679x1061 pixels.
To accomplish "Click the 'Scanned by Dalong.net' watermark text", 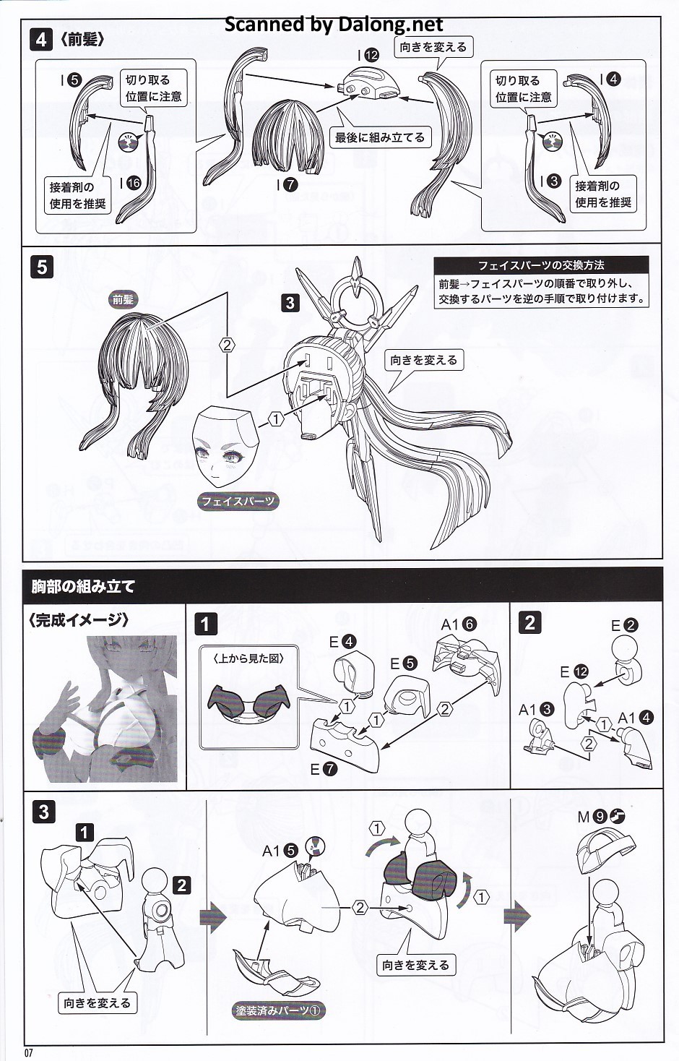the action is (x=333, y=24).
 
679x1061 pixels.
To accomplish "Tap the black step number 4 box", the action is (x=40, y=40).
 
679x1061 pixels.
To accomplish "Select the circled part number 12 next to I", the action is (x=372, y=56).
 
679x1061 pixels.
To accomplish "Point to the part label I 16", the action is (x=130, y=183).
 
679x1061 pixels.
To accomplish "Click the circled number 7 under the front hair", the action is (x=290, y=184).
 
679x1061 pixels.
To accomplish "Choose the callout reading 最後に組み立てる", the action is (x=380, y=138).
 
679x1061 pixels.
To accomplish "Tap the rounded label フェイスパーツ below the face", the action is (x=238, y=501).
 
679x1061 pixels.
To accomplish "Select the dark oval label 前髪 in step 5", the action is (x=123, y=299).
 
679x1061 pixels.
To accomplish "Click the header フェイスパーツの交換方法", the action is (x=541, y=265).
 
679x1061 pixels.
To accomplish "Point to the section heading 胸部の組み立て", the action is (x=83, y=586).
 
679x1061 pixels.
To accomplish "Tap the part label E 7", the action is (x=324, y=770).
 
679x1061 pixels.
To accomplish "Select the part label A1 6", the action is (x=459, y=624).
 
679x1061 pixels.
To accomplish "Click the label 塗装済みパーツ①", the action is (x=278, y=1010).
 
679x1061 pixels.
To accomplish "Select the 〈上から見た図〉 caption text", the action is (x=249, y=658).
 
